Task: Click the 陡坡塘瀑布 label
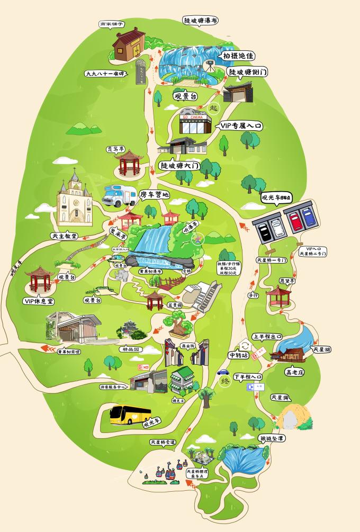[x=201, y=21]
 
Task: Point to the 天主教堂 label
[x=64, y=236]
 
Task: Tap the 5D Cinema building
[x=195, y=123]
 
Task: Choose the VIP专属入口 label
[x=240, y=127]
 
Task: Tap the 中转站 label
[x=238, y=355]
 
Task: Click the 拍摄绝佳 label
[x=239, y=56]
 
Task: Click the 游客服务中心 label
[x=112, y=387]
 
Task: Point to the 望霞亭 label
[x=285, y=281]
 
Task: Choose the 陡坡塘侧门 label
[x=247, y=71]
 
